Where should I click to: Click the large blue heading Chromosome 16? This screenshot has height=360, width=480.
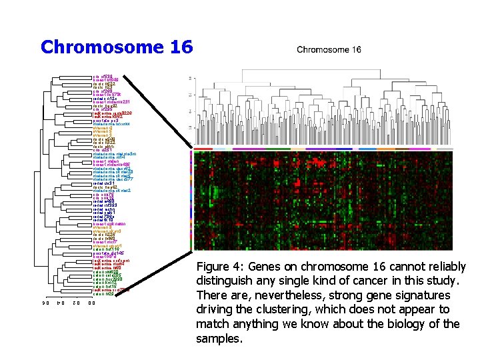[116, 47]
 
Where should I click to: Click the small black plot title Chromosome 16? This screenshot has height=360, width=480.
[329, 49]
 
